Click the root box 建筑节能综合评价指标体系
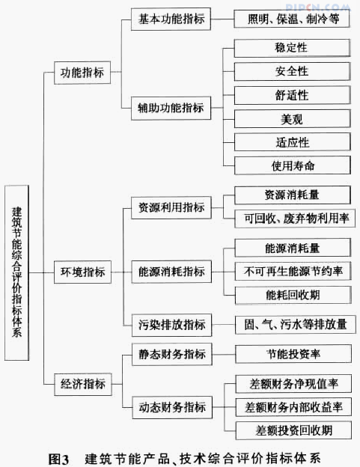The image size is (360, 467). (x=16, y=273)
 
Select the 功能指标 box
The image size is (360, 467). (x=82, y=73)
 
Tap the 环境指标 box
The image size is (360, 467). (x=82, y=272)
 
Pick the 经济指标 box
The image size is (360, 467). (x=83, y=384)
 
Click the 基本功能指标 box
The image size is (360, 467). (x=171, y=19)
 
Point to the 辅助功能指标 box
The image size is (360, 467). (x=171, y=108)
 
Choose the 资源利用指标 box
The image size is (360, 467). (x=171, y=207)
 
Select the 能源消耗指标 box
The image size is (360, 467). (x=171, y=272)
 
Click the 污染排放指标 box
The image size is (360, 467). (x=172, y=325)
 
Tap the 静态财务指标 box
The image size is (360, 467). (x=172, y=354)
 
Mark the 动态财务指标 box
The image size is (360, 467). (x=172, y=407)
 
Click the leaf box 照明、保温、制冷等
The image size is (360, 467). (x=292, y=19)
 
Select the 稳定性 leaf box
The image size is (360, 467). (x=292, y=48)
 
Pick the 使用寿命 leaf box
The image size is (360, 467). (x=293, y=165)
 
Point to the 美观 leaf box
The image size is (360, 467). (x=292, y=119)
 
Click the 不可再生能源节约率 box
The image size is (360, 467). (x=293, y=271)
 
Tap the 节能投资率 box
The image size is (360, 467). (x=293, y=354)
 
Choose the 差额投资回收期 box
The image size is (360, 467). (x=293, y=430)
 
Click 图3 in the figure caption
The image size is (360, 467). (x=58, y=459)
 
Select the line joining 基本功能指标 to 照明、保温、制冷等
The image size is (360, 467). (x=222, y=19)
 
